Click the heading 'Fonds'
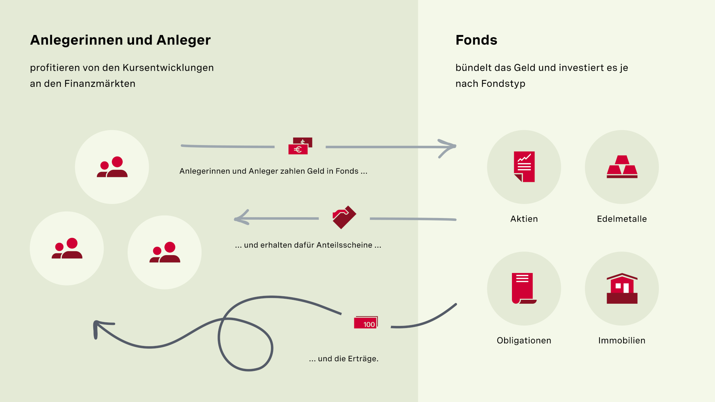coord(476,40)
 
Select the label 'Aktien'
coord(524,219)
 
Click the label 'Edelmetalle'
coord(622,219)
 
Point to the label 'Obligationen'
coord(524,340)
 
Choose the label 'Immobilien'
coord(622,340)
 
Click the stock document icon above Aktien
coord(524,167)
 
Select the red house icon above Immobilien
coord(622,288)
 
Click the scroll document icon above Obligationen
coord(523,288)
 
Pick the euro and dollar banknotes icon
coord(300,146)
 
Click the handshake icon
coord(344,217)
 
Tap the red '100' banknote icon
coord(366,322)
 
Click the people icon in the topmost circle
coord(112,167)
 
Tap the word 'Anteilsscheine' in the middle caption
coord(344,245)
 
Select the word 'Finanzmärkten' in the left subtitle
coord(100,84)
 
